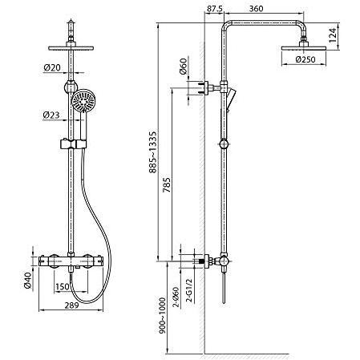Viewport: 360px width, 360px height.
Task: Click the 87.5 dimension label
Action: pyautogui.click(x=215, y=9)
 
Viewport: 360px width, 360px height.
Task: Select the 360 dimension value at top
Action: pyautogui.click(x=256, y=9)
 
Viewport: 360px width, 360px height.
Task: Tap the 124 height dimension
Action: pyautogui.click(x=332, y=35)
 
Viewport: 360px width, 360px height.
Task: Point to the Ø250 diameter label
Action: pyautogui.click(x=305, y=59)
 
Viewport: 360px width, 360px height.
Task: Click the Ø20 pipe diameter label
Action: pyautogui.click(x=52, y=67)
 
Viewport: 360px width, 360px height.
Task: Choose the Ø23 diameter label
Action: pyautogui.click(x=51, y=115)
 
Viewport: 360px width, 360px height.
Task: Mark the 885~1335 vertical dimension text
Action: pyautogui.click(x=153, y=152)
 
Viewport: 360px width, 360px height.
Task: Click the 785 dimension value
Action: pyautogui.click(x=167, y=185)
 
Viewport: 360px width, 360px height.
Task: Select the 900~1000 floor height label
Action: pyautogui.click(x=162, y=316)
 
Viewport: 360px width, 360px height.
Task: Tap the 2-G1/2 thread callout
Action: pyautogui.click(x=189, y=290)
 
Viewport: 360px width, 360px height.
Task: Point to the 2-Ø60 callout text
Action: pyautogui.click(x=176, y=297)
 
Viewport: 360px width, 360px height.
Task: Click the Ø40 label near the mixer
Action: pyautogui.click(x=28, y=281)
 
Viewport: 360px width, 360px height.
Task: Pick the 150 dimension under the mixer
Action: pyautogui.click(x=63, y=287)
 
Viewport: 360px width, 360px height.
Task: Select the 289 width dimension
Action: pyautogui.click(x=71, y=305)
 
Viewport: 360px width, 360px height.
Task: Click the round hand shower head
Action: pyautogui.click(x=83, y=100)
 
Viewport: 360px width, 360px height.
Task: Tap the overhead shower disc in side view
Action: pyautogui.click(x=304, y=48)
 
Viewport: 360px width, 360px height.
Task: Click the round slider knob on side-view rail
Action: pyautogui.click(x=224, y=144)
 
